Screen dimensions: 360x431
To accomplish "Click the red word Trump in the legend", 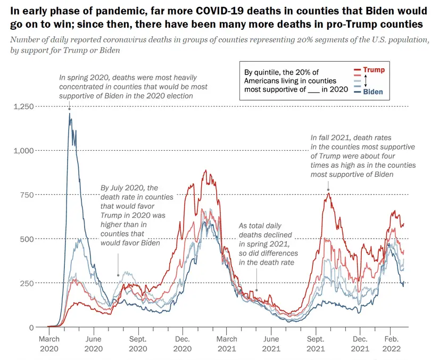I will pyautogui.click(x=374, y=70).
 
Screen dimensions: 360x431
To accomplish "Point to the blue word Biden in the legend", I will pyautogui.click(x=372, y=92).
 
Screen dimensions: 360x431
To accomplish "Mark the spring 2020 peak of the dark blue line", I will pyautogui.click(x=69, y=113).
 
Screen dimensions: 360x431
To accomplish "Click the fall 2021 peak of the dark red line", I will pyautogui.click(x=328, y=193).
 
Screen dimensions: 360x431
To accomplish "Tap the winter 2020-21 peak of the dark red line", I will pyautogui.click(x=205, y=171).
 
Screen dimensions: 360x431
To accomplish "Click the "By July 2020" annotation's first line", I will pyautogui.click(x=130, y=187).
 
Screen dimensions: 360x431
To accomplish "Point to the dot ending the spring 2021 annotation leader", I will pyautogui.click(x=257, y=290).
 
